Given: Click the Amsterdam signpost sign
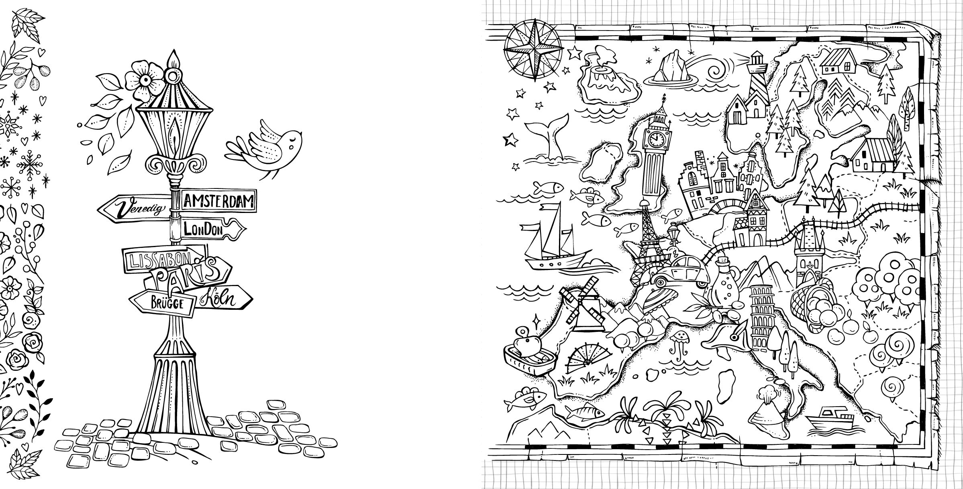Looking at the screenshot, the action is [219, 200].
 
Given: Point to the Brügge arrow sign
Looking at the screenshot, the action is [162, 303].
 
